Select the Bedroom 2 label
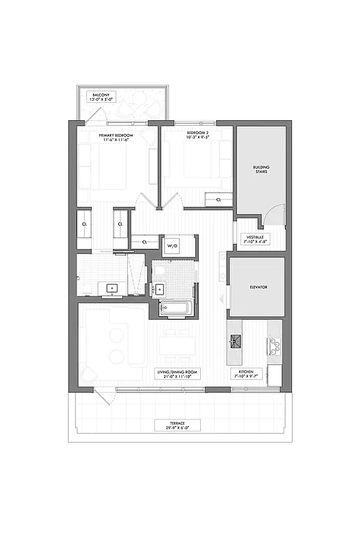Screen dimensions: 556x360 197,135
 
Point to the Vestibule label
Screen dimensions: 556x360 252,239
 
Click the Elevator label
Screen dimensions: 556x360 258,286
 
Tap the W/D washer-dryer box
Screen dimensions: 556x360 172,245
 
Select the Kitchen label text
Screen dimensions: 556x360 247,375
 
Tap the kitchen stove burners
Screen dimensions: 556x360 274,345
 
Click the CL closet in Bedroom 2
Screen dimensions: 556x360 218,199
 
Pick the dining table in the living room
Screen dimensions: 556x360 177,345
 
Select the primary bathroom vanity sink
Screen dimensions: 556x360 111,287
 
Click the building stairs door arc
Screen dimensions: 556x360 276,214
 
